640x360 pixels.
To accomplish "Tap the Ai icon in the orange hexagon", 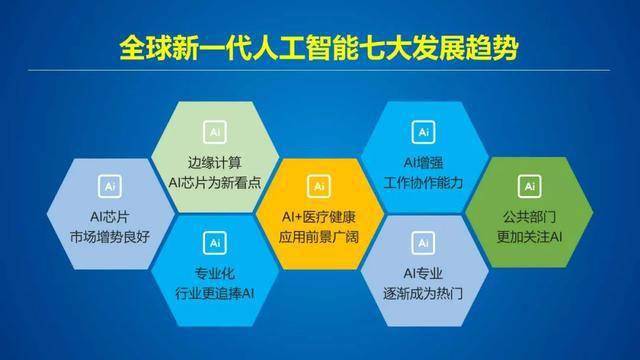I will [319, 186].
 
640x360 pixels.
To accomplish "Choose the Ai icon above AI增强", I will [424, 131].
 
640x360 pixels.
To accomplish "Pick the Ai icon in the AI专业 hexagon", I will [424, 242].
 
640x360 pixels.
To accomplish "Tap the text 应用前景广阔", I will [319, 237].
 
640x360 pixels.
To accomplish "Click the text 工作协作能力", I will [424, 181].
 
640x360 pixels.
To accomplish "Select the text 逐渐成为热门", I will [424, 292].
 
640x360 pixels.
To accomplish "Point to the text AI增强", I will [424, 161].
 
